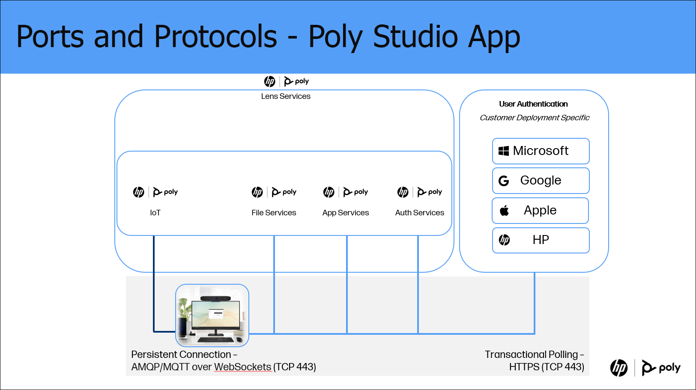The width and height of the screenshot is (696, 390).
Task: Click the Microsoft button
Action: click(x=541, y=151)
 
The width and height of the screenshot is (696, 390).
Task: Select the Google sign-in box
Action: click(x=541, y=181)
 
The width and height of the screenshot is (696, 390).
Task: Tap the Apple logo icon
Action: click(x=505, y=211)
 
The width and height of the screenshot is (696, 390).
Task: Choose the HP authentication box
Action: click(x=541, y=240)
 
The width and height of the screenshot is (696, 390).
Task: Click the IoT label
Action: click(x=155, y=213)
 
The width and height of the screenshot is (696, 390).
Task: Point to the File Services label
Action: click(x=274, y=213)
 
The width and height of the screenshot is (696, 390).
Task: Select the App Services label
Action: click(x=345, y=213)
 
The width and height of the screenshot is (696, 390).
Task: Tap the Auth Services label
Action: click(x=419, y=213)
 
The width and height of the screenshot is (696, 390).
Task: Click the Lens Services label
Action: click(x=286, y=96)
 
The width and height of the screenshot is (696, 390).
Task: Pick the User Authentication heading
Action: click(x=533, y=104)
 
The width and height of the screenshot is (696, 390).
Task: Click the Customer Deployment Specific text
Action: click(x=534, y=118)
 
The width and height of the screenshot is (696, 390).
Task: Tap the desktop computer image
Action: click(x=212, y=316)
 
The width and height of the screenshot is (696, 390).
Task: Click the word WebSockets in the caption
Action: click(x=242, y=367)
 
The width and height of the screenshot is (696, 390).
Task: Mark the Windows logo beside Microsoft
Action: click(x=504, y=151)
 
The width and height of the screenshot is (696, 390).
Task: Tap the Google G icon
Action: click(x=504, y=181)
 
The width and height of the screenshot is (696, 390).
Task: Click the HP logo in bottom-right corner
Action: click(x=618, y=368)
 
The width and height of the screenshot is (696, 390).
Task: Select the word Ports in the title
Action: click(x=50, y=36)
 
